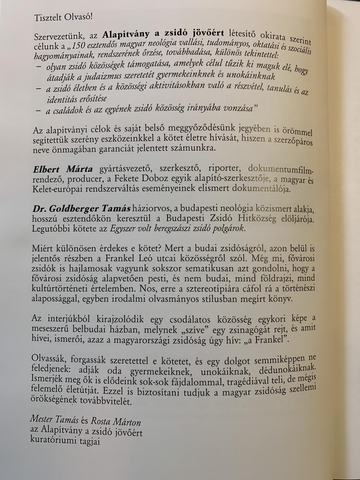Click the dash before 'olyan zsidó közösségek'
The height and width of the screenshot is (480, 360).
click(38, 67)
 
